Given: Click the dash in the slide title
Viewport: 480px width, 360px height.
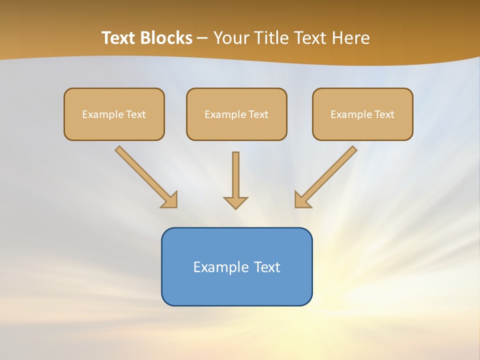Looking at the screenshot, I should [x=202, y=38].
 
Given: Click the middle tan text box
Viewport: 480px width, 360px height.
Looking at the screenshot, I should [x=236, y=127].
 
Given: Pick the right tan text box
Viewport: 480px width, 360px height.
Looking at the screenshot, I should [x=362, y=127].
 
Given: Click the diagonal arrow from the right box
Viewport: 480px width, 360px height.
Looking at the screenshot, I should [x=330, y=172].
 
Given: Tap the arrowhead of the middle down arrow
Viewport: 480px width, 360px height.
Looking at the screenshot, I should [x=235, y=202].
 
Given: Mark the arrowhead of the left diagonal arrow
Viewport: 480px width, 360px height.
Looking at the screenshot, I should [x=170, y=200].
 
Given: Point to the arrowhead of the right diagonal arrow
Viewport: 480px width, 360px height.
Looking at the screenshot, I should [x=301, y=200].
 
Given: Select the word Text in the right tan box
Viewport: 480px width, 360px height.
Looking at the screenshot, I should [x=384, y=114].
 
